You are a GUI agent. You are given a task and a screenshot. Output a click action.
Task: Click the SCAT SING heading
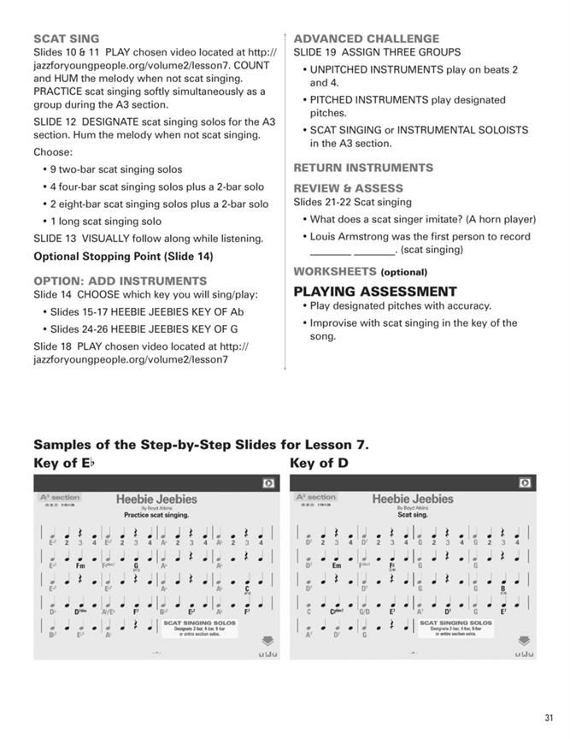point(67,38)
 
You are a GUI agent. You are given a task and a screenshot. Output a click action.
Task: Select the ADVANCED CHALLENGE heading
point(366,38)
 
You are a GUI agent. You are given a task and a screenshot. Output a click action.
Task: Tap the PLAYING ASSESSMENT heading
point(375,291)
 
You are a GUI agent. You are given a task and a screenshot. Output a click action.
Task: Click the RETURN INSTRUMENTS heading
point(363,168)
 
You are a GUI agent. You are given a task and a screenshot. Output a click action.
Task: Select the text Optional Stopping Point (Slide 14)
point(123,256)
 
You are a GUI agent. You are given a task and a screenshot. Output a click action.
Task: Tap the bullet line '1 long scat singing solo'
point(105,221)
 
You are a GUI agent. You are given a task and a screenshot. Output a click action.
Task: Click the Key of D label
point(319,463)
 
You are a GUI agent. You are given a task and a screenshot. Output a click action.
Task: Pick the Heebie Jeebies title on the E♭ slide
point(156,499)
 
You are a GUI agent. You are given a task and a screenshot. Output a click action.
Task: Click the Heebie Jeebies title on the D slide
point(413,499)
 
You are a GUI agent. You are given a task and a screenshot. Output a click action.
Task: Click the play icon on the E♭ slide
point(268,483)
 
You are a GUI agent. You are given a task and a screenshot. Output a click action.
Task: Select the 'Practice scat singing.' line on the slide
point(156,515)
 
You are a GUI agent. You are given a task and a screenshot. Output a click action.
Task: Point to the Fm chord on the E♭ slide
point(80,565)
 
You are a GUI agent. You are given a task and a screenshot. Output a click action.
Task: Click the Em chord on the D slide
point(337,565)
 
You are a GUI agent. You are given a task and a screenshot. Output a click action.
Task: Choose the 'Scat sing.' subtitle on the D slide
point(413,515)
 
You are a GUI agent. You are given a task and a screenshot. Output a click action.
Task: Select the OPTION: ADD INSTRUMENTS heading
point(120,281)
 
